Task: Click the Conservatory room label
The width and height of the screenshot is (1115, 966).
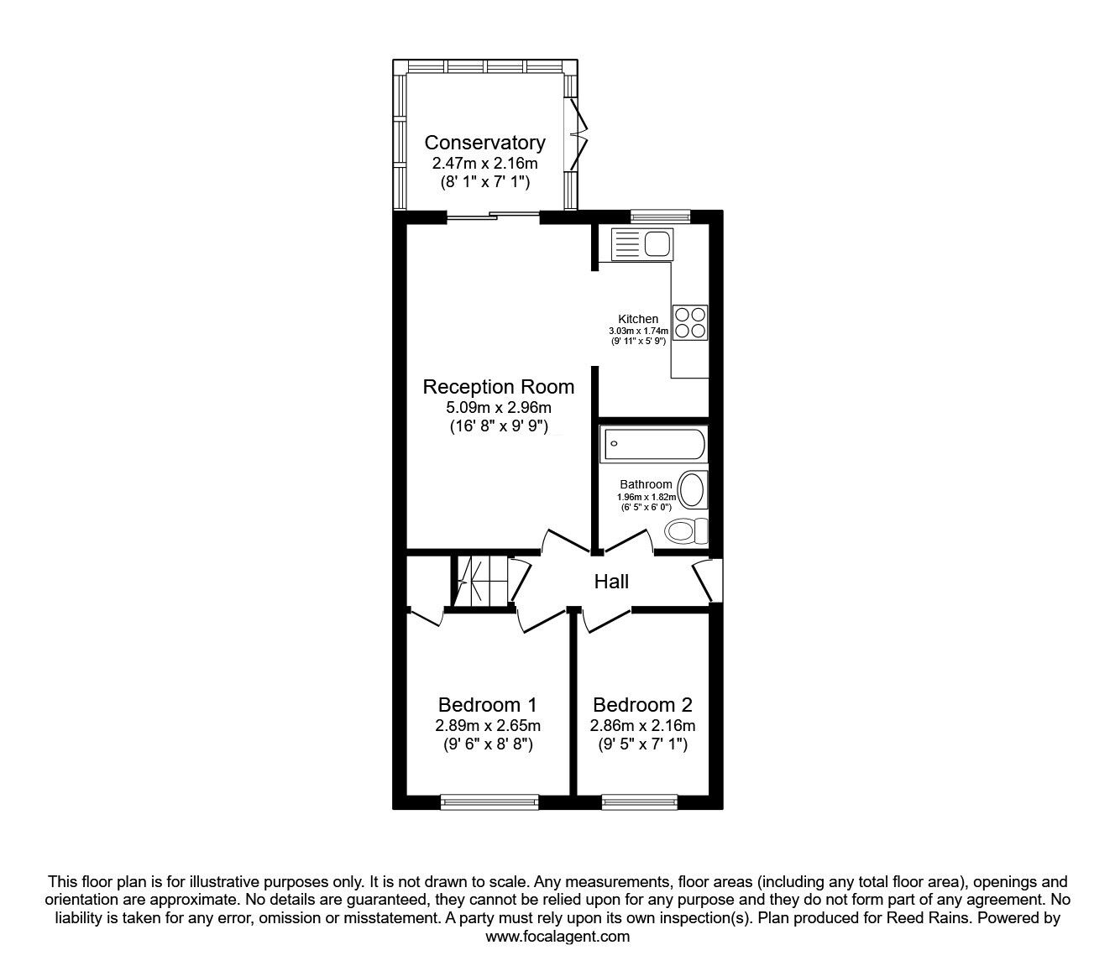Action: (484, 143)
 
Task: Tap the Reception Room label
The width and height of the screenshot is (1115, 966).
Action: (499, 387)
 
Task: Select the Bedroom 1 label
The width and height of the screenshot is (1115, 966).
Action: (488, 705)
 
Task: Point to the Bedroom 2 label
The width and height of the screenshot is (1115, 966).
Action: (642, 705)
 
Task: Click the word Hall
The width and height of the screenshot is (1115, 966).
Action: (611, 582)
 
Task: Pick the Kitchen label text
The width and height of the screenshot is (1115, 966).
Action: (638, 319)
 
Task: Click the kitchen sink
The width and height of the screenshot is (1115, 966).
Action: (641, 243)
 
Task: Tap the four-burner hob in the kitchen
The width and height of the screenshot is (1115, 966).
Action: (690, 322)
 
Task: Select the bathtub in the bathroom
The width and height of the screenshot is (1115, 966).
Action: (653, 444)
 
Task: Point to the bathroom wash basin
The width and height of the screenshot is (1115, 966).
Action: (693, 490)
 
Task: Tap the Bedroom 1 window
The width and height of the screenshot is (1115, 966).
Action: (489, 802)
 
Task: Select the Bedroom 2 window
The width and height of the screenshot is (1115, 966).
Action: (640, 802)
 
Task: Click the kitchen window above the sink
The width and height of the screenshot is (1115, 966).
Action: (661, 217)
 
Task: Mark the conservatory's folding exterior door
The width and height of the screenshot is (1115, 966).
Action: (576, 134)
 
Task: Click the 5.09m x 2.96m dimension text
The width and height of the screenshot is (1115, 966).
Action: (499, 408)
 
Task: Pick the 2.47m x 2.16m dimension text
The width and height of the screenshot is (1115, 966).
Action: (484, 163)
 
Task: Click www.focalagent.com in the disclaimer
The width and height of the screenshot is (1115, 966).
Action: (557, 937)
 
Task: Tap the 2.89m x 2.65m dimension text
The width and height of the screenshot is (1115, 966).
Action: (488, 726)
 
